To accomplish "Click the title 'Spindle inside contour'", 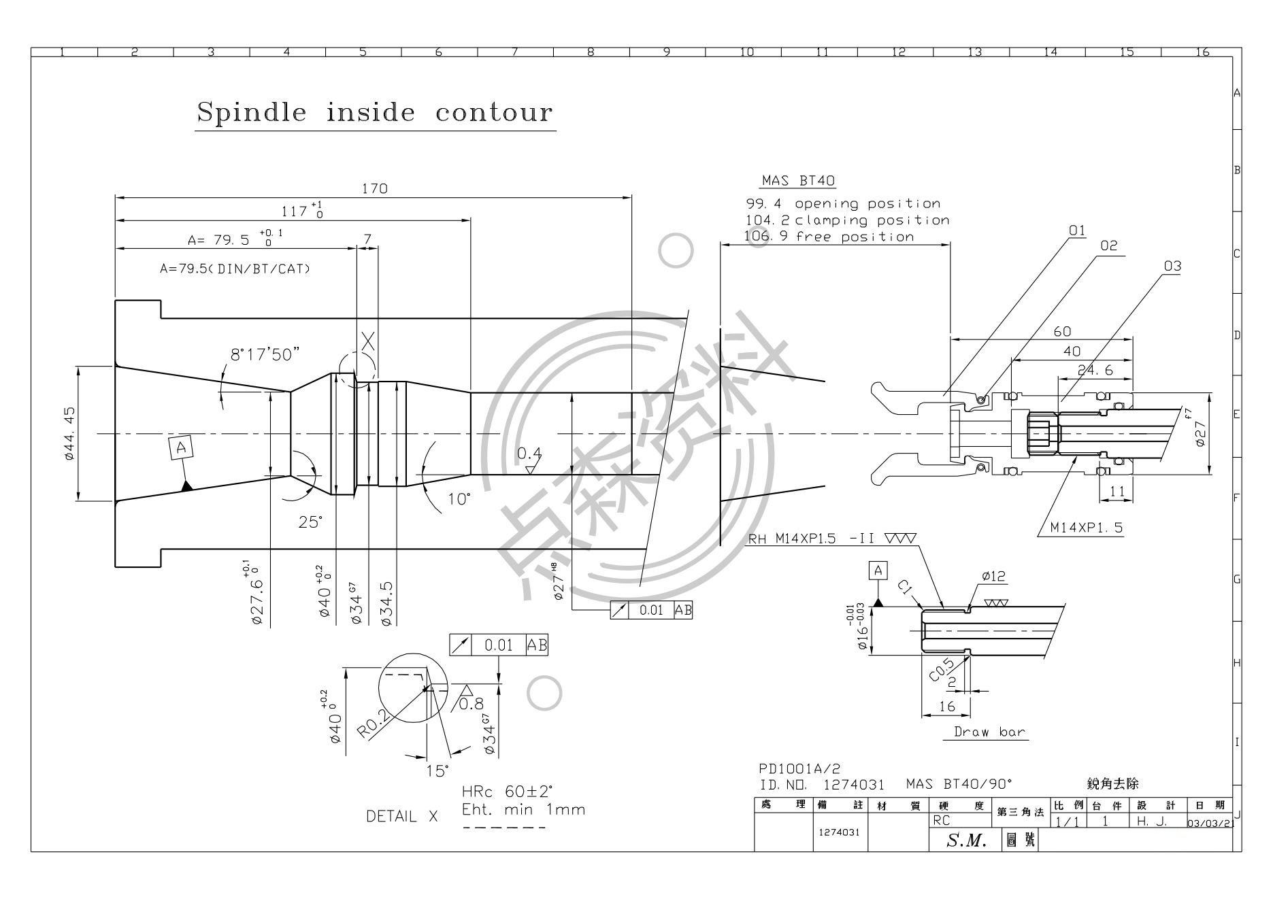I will point(374,112).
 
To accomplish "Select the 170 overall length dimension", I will point(374,189).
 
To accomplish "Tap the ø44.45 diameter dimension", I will point(69,434).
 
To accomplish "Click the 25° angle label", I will point(310,522).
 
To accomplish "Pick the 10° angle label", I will point(459,500).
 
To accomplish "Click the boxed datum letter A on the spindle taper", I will point(181,447).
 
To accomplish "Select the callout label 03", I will point(1172,266).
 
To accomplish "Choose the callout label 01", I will point(1076,231).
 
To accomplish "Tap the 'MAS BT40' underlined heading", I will point(798,181).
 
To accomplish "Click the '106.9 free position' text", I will point(829,237).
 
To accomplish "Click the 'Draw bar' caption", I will point(984,732).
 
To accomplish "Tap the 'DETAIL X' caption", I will point(401,816).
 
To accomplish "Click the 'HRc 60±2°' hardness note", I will point(507,792).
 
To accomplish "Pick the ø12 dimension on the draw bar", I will point(993,577).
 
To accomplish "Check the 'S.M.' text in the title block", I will point(966,841).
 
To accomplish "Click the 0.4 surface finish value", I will point(529,453).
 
